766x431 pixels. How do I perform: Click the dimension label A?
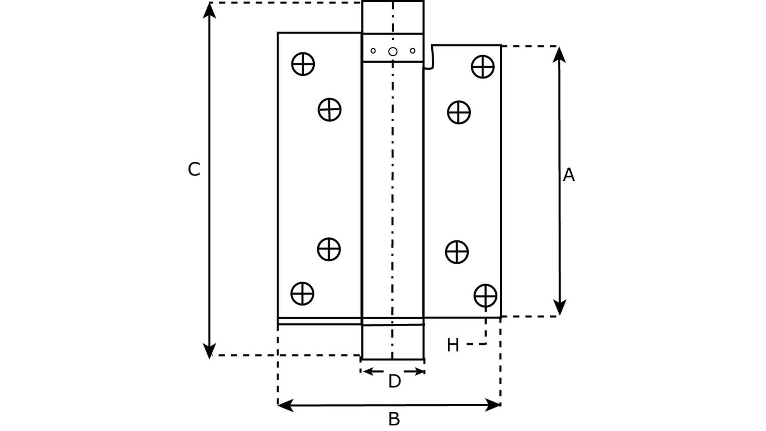point(569,175)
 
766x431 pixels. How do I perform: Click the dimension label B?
point(394,419)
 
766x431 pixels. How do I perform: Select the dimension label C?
point(194,169)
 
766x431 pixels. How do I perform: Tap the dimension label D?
point(394,381)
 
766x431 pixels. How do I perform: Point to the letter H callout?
point(453,345)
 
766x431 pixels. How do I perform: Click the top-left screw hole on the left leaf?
point(303,64)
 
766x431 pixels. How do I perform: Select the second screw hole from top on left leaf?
point(330,110)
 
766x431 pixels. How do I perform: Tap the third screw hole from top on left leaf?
point(329,249)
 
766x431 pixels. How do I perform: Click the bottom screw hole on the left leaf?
point(303,293)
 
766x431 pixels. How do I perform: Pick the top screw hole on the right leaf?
point(483,66)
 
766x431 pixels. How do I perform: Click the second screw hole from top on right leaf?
point(459,112)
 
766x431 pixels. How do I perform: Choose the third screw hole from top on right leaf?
point(457,252)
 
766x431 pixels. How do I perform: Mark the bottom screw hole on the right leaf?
point(485,296)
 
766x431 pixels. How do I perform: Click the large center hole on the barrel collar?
point(393,52)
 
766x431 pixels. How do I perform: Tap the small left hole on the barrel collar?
point(373,51)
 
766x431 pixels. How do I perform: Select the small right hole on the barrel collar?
point(413,51)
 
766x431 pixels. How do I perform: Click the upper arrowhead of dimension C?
point(209,10)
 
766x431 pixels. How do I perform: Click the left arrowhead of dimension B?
point(286,405)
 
